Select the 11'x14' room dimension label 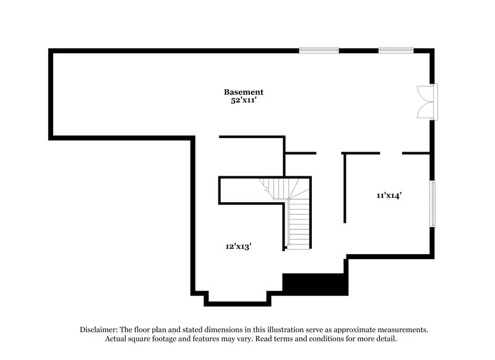pos(389,195)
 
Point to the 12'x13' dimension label pos(238,246)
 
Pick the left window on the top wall pos(319,50)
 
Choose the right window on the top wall pos(396,50)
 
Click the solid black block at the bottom pos(314,284)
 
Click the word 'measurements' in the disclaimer pos(398,330)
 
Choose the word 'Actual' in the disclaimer pos(118,339)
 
